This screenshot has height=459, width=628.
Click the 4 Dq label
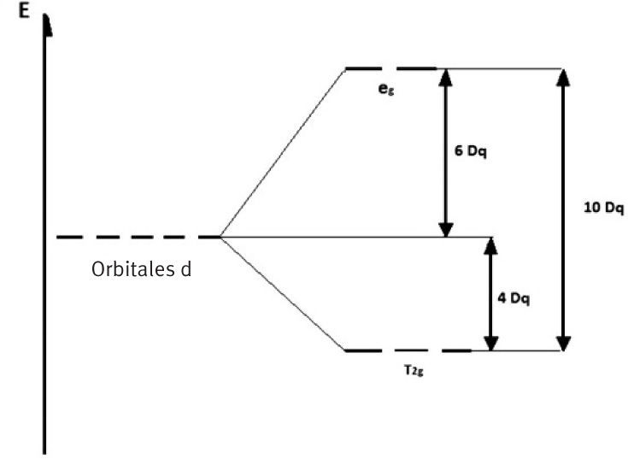point(516,298)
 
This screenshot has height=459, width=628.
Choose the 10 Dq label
point(604,208)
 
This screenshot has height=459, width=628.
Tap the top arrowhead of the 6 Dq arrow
point(445,77)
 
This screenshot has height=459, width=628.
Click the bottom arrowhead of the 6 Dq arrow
point(445,228)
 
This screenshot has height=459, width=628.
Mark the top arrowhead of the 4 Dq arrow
point(490,245)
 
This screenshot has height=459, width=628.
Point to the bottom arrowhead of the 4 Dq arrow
point(490,342)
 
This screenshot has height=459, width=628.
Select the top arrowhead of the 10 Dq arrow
point(563,77)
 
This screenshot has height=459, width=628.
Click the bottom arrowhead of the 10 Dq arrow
point(563,342)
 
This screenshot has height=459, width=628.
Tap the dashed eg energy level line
point(390,68)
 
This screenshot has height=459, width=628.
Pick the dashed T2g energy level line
point(407,350)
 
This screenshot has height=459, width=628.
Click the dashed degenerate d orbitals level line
point(137,237)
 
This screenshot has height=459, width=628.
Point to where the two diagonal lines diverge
point(220,237)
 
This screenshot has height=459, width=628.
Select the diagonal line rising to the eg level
point(282,152)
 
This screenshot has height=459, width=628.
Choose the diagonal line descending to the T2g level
point(282,293)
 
